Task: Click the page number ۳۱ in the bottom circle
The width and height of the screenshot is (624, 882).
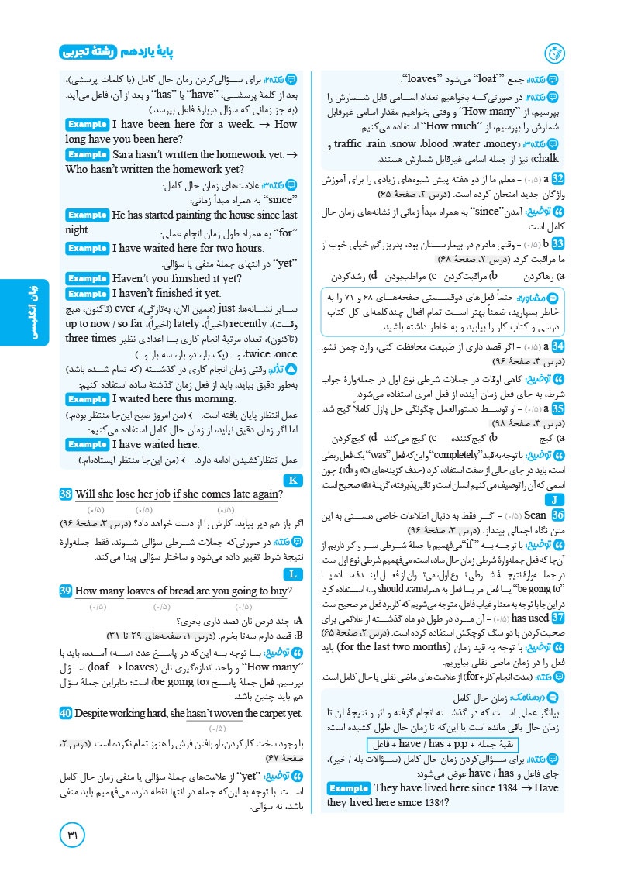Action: click(77, 837)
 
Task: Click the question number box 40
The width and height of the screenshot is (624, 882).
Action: click(66, 691)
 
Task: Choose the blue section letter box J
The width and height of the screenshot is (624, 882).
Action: click(559, 498)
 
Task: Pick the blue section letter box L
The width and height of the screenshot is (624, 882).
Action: click(292, 574)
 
